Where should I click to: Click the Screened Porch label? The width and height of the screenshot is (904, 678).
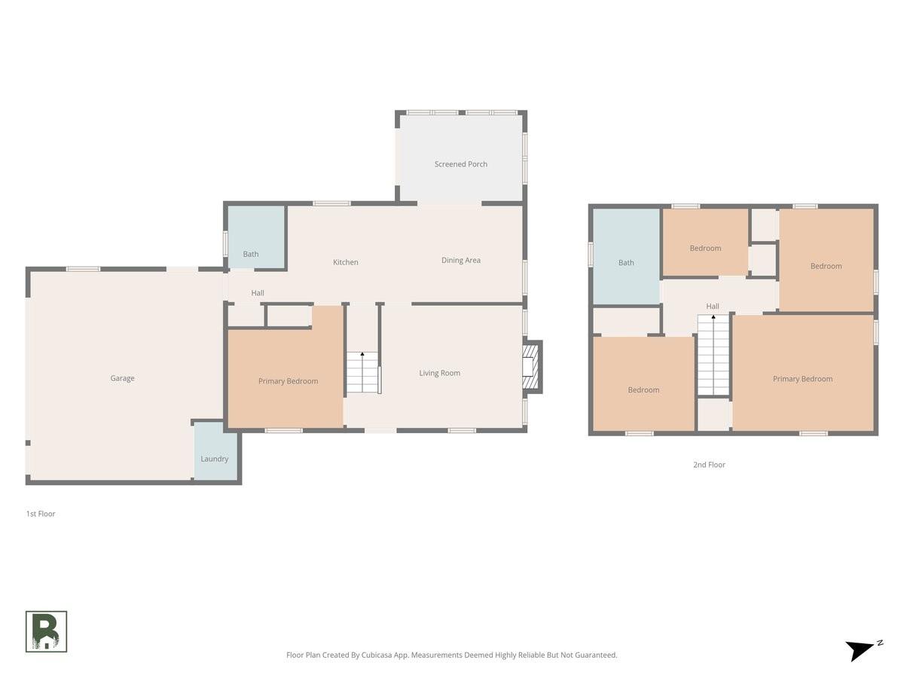point(460,163)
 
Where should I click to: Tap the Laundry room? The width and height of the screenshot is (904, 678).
point(215,450)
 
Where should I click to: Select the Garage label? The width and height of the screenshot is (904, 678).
point(122,378)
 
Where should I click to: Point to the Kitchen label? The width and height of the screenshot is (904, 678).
point(345,262)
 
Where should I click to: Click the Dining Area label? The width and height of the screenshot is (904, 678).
point(460,260)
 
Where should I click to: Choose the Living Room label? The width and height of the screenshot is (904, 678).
point(439,373)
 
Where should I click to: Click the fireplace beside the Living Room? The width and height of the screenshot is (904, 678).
point(532,367)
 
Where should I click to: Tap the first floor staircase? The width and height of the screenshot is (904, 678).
point(362,372)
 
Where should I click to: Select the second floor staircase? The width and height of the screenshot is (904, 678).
point(713,355)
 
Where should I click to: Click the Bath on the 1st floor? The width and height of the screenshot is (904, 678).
point(256,237)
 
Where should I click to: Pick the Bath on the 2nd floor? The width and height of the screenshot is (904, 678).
point(626,256)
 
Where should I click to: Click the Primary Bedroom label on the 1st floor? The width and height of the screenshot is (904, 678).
point(288,380)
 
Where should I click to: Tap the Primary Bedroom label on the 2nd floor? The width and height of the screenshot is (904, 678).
point(802,378)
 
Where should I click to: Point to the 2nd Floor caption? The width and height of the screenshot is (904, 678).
point(709,464)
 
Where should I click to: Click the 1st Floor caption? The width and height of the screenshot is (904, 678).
point(41,513)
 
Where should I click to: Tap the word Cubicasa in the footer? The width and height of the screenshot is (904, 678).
point(377,655)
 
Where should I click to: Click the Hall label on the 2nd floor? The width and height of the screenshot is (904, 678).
point(712,306)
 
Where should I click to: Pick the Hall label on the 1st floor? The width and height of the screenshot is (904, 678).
point(258,293)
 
